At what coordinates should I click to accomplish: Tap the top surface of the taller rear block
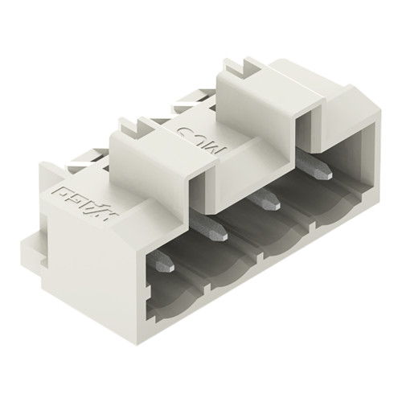pyautogui.click(x=265, y=84)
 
